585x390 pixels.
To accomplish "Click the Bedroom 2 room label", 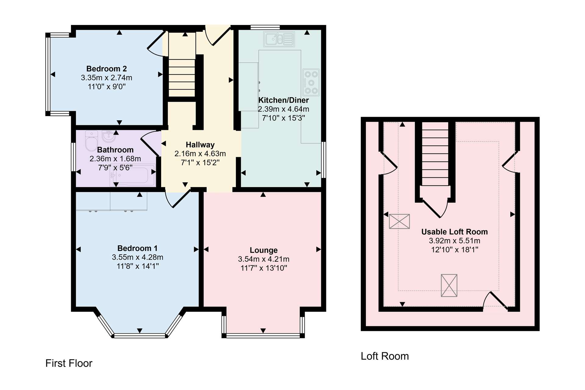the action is click(x=106, y=69).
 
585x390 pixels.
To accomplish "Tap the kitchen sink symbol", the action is click(x=279, y=39).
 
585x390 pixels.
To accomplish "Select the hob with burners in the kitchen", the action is click(x=311, y=82).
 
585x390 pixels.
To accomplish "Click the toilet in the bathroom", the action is click(x=91, y=141).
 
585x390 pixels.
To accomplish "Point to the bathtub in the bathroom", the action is click(x=133, y=175).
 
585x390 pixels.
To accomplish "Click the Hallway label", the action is click(x=200, y=145).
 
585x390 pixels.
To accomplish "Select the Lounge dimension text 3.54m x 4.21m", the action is click(x=264, y=259).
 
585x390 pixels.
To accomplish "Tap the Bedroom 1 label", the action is click(x=137, y=248).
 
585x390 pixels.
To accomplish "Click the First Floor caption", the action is click(x=69, y=363).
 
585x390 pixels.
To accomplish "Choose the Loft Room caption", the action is click(x=385, y=356).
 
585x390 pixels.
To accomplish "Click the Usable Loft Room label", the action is click(x=455, y=232).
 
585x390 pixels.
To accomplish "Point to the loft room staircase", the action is click(x=435, y=154).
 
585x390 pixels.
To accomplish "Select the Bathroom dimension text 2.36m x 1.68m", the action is click(x=115, y=159).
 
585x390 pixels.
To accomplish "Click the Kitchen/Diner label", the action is click(x=283, y=100).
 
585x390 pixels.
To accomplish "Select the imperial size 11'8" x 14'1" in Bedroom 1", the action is click(x=138, y=266).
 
